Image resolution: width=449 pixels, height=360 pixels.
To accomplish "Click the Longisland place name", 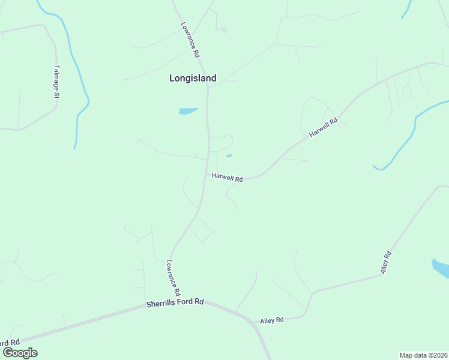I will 193,77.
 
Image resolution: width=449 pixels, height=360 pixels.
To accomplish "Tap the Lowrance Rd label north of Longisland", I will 190,40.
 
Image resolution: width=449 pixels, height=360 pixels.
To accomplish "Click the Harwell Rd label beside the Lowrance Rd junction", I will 227,178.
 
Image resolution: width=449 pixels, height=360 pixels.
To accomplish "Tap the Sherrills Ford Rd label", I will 175,304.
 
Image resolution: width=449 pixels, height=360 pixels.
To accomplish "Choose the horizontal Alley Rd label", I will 272,320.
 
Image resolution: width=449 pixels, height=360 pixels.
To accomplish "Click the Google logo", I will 20,352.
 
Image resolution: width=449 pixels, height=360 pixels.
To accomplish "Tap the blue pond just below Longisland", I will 187,111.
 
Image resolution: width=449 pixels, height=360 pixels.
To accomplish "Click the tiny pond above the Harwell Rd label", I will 229,157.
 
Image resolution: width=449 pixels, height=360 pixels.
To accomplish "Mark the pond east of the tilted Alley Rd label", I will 441,268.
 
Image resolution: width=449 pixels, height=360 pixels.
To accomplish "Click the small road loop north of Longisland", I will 223,29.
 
